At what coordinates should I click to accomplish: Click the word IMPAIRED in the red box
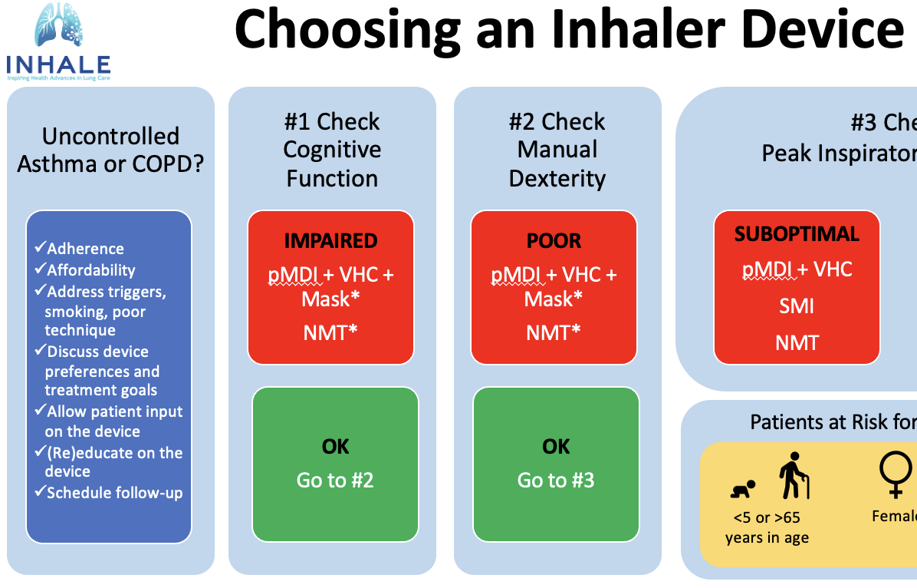point(330,240)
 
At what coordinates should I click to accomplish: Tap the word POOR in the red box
point(554,240)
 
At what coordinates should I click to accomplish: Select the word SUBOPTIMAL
point(797,234)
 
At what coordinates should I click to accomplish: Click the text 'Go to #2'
point(335,481)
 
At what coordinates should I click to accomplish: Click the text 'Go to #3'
point(556,481)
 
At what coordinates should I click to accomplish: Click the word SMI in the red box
point(797,306)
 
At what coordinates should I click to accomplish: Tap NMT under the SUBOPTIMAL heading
point(797,342)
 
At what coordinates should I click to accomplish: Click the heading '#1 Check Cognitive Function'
point(332,150)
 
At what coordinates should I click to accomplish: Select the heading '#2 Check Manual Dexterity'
point(557,150)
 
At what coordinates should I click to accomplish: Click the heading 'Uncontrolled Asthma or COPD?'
point(110,150)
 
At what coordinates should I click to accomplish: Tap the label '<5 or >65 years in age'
point(767,527)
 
